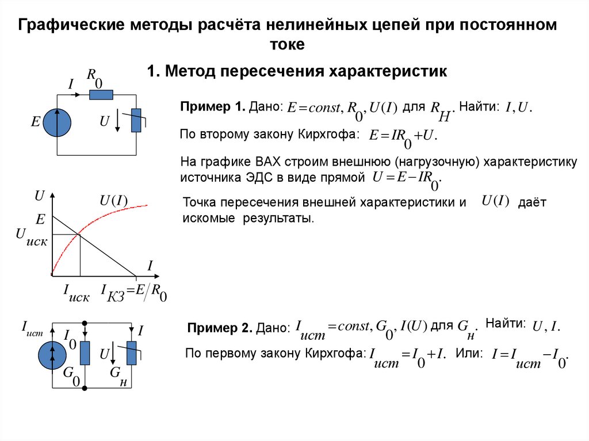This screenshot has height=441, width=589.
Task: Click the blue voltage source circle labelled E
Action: [57, 123]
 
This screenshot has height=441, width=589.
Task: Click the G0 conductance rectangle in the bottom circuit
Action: [85, 352]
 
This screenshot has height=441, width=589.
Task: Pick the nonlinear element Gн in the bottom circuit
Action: [132, 352]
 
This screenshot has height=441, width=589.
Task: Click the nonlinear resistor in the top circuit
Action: [136, 120]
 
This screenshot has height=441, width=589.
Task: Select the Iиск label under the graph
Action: [75, 293]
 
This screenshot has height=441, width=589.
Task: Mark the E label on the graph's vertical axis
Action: [40, 219]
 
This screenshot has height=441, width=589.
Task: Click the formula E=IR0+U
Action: [403, 136]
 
